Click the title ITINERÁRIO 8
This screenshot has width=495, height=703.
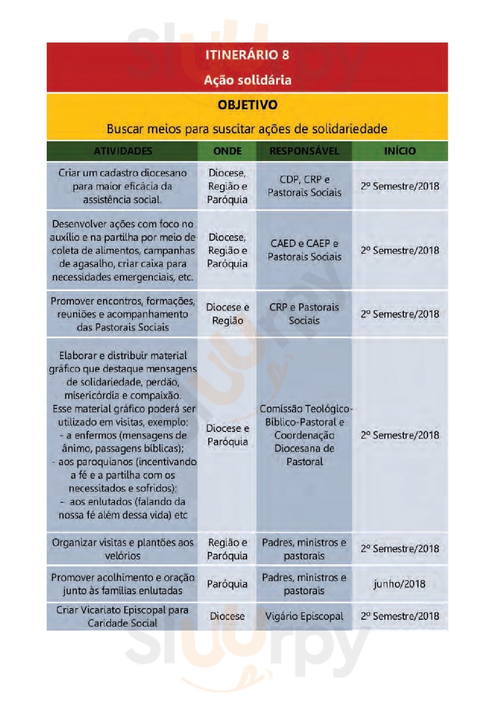coord(247,55)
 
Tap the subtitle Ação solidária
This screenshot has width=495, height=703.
coord(247,80)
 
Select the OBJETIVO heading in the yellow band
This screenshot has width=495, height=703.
coord(247,105)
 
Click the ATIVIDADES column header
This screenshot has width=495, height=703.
coord(122,151)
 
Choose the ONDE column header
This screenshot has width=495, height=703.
coord(227,151)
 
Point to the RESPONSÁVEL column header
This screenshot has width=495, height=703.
coord(304,151)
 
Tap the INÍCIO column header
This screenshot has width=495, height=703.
coord(400,151)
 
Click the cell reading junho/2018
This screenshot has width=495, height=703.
coord(400,584)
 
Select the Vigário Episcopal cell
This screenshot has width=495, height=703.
coord(304,616)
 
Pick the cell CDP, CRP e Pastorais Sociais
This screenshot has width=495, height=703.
coord(304,186)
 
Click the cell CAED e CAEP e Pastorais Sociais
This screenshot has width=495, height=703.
coord(304,250)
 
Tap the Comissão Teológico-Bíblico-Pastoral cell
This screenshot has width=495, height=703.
coord(304,435)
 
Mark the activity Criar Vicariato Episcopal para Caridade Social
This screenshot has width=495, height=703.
coord(122,616)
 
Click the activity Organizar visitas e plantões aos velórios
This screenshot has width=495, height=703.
coord(122,549)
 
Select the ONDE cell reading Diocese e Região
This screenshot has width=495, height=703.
coord(227,314)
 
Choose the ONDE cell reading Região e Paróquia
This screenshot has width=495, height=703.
coord(227,549)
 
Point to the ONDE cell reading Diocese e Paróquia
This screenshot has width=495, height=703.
coord(227,435)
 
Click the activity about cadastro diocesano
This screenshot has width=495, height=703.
coord(122,186)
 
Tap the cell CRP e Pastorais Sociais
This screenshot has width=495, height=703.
coord(304,314)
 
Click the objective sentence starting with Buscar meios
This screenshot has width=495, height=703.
coord(247,129)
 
